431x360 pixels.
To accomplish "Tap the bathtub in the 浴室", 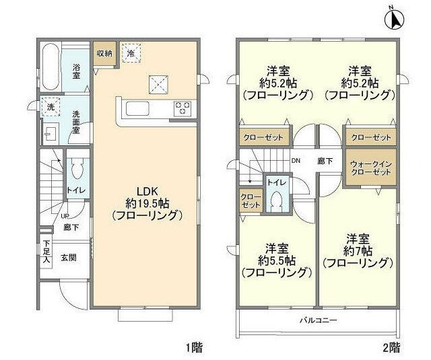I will pyautogui.click(x=51, y=64).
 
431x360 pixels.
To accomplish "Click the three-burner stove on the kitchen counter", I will pyautogui.click(x=183, y=108).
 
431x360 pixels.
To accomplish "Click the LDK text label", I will pyautogui.click(x=148, y=190).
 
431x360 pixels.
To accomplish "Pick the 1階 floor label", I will pyautogui.click(x=195, y=349).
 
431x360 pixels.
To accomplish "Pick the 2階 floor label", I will pyautogui.click(x=391, y=349).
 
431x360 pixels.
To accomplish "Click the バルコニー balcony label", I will pyautogui.click(x=318, y=320).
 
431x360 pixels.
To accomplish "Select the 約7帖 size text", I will pyautogui.click(x=358, y=250).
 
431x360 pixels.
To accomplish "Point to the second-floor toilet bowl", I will pyautogui.click(x=275, y=200).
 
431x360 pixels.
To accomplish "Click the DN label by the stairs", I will pyautogui.click(x=296, y=161).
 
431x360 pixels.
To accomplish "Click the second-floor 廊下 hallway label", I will pyautogui.click(x=325, y=161).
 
